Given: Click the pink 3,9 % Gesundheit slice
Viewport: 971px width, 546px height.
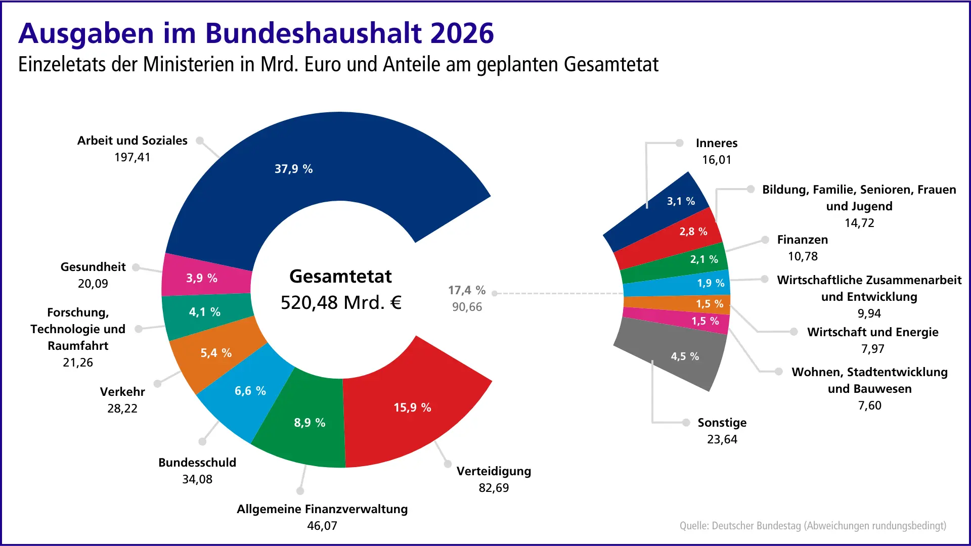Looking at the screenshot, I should (201, 278).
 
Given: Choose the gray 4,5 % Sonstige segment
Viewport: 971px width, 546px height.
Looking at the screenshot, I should (685, 356).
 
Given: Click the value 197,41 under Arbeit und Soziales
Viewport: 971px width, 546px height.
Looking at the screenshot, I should (133, 157).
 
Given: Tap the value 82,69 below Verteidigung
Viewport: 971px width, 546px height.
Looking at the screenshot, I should (494, 488).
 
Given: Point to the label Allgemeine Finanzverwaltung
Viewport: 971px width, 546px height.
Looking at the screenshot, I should (322, 509).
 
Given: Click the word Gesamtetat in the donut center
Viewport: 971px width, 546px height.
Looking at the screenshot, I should (340, 277).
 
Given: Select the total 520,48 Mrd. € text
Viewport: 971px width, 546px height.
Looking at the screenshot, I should (341, 303).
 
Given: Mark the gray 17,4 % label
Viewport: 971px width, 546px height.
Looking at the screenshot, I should (466, 290).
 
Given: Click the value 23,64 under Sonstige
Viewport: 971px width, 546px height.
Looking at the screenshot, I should (722, 439).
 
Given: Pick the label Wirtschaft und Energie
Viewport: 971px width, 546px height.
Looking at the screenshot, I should (872, 332).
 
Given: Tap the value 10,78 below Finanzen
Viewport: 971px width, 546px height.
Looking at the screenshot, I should (803, 256).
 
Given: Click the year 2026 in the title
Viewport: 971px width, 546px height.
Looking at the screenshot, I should (462, 33).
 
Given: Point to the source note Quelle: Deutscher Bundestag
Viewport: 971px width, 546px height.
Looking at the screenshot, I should (812, 526).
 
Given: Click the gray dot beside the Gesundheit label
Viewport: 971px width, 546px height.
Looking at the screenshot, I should (136, 267).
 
